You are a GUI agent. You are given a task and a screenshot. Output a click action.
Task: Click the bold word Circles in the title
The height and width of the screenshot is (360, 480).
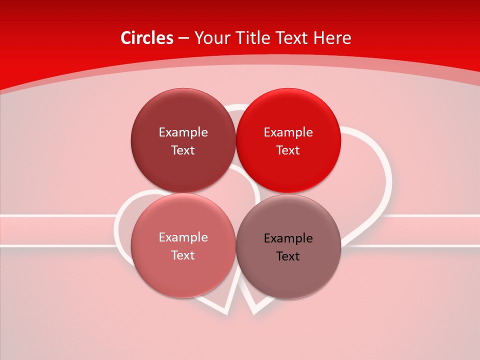146,38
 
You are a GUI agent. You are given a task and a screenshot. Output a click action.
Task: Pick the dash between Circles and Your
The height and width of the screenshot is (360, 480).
183,38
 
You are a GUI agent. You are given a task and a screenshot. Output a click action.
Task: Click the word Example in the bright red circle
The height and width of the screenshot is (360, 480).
288,132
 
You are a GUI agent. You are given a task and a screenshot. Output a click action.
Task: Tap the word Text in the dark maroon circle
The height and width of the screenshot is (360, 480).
183,150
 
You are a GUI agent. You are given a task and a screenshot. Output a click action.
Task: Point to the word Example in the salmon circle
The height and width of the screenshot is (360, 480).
183,237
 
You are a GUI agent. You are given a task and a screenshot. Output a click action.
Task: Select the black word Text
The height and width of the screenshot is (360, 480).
288,256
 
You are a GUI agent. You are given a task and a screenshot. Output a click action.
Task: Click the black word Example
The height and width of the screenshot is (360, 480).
288,238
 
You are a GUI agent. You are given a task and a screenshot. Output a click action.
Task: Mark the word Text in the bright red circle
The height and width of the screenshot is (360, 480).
288,150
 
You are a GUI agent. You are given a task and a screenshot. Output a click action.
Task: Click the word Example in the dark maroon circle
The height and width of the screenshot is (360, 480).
183,132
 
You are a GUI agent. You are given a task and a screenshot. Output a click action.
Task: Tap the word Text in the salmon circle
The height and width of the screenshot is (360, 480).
183,255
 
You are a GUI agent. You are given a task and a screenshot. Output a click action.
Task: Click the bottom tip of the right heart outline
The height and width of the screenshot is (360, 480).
253,313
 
